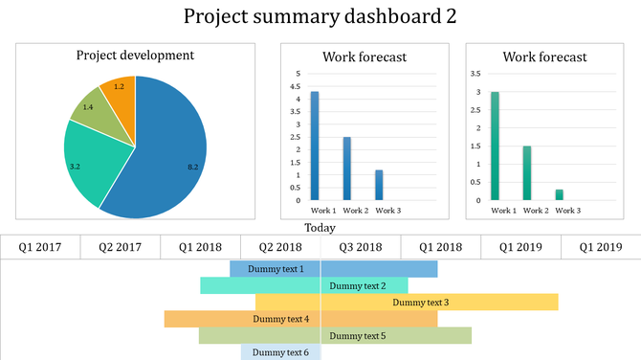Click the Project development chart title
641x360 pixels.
135,55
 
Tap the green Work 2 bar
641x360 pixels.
527,173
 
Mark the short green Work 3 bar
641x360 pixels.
560,194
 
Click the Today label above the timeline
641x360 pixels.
320,227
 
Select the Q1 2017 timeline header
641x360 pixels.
40,247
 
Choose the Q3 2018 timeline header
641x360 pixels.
360,247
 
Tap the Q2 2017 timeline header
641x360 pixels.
120,247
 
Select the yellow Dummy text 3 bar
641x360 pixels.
421,303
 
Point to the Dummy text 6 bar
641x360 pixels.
279,352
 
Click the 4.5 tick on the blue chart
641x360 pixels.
298,84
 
